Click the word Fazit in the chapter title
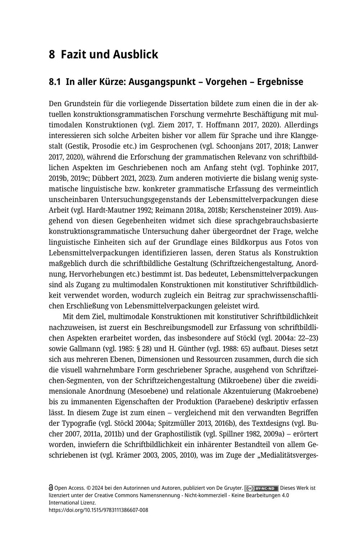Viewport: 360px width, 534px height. tap(73, 54)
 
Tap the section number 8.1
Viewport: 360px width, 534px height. tap(55, 82)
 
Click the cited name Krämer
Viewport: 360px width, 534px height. tap(128, 455)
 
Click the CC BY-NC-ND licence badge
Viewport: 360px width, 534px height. tap(262, 488)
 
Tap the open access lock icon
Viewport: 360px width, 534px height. tap(51, 488)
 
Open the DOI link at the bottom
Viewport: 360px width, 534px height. tap(98, 510)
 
